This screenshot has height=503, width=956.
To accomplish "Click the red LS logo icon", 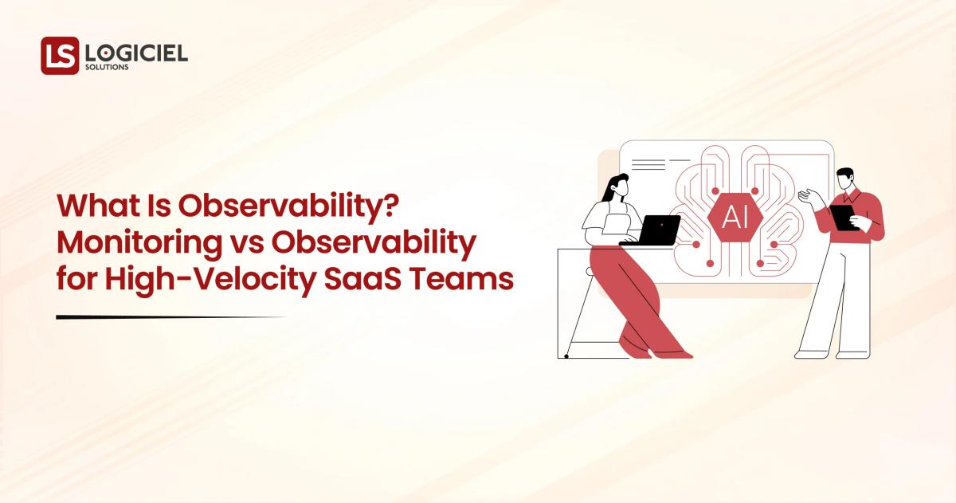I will (60, 56).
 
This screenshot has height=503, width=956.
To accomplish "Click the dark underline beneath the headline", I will (170, 317).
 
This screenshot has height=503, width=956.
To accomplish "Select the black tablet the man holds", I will (843, 217).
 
